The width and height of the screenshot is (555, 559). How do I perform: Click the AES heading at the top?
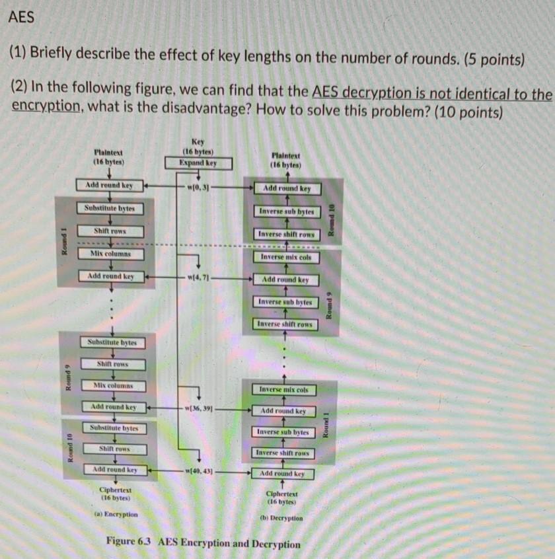22,18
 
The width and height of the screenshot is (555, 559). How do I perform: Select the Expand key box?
198,163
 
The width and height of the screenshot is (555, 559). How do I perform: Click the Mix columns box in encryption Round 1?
110,253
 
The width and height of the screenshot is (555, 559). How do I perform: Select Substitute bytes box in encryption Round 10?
114,428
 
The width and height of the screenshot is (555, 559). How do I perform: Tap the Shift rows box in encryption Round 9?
112,364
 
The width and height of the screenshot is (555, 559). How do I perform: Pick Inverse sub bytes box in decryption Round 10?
286,211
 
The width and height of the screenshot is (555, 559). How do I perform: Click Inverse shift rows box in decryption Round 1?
283,453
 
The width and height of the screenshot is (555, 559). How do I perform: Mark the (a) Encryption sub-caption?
116,513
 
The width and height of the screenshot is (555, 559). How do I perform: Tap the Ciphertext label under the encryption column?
115,490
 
